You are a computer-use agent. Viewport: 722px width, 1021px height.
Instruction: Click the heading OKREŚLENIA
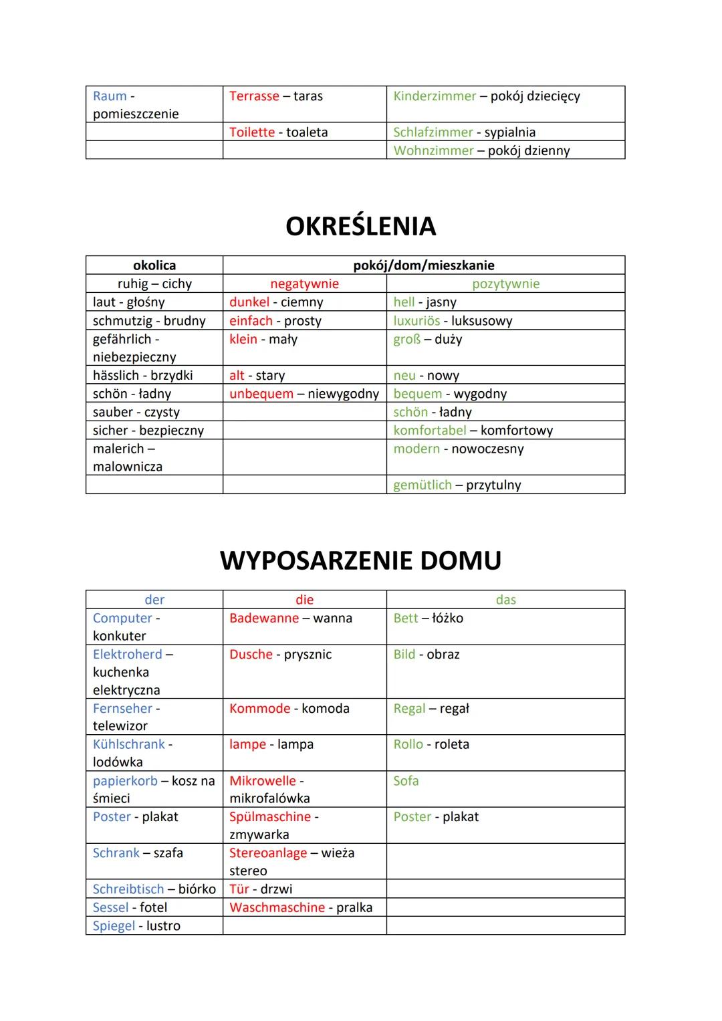[360, 226]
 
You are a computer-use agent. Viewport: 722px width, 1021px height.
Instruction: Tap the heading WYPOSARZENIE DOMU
[360, 560]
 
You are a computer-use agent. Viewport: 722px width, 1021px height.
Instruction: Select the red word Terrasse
[254, 96]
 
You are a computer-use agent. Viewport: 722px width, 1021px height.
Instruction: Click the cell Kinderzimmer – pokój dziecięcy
[486, 96]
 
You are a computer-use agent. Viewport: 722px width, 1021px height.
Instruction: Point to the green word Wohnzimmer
[433, 150]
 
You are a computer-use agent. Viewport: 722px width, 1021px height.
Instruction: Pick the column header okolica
[154, 265]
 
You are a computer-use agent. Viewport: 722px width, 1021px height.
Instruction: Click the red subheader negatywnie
[304, 283]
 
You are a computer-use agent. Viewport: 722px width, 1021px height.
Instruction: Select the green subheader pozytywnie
[505, 283]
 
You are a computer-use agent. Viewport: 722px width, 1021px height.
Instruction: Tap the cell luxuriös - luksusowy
[453, 321]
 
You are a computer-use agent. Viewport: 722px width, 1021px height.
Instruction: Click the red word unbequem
[261, 394]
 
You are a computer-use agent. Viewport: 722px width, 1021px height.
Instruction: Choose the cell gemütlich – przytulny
[457, 485]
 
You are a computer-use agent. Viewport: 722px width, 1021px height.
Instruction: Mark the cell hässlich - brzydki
[142, 376]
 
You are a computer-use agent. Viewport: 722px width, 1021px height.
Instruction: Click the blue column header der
[154, 600]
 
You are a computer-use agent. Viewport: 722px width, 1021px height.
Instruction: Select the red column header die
[304, 600]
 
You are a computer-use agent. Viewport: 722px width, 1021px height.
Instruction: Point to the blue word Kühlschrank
[128, 744]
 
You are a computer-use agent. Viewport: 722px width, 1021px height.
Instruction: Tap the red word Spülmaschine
[270, 817]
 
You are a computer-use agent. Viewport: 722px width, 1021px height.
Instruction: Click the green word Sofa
[406, 781]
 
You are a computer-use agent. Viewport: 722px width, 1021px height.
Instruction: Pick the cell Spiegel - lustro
[136, 926]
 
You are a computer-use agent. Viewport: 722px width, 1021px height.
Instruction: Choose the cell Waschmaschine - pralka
[301, 908]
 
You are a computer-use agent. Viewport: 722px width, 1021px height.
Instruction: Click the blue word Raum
[110, 96]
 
